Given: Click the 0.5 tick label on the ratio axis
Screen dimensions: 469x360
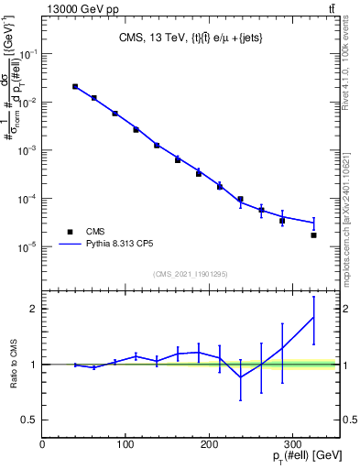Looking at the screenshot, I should click(x=29, y=420).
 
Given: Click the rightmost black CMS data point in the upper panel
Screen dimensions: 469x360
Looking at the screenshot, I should click(x=313, y=235).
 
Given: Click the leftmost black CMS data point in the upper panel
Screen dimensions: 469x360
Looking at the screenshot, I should click(x=75, y=87).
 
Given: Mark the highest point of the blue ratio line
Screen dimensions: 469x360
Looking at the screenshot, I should click(x=313, y=317).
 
